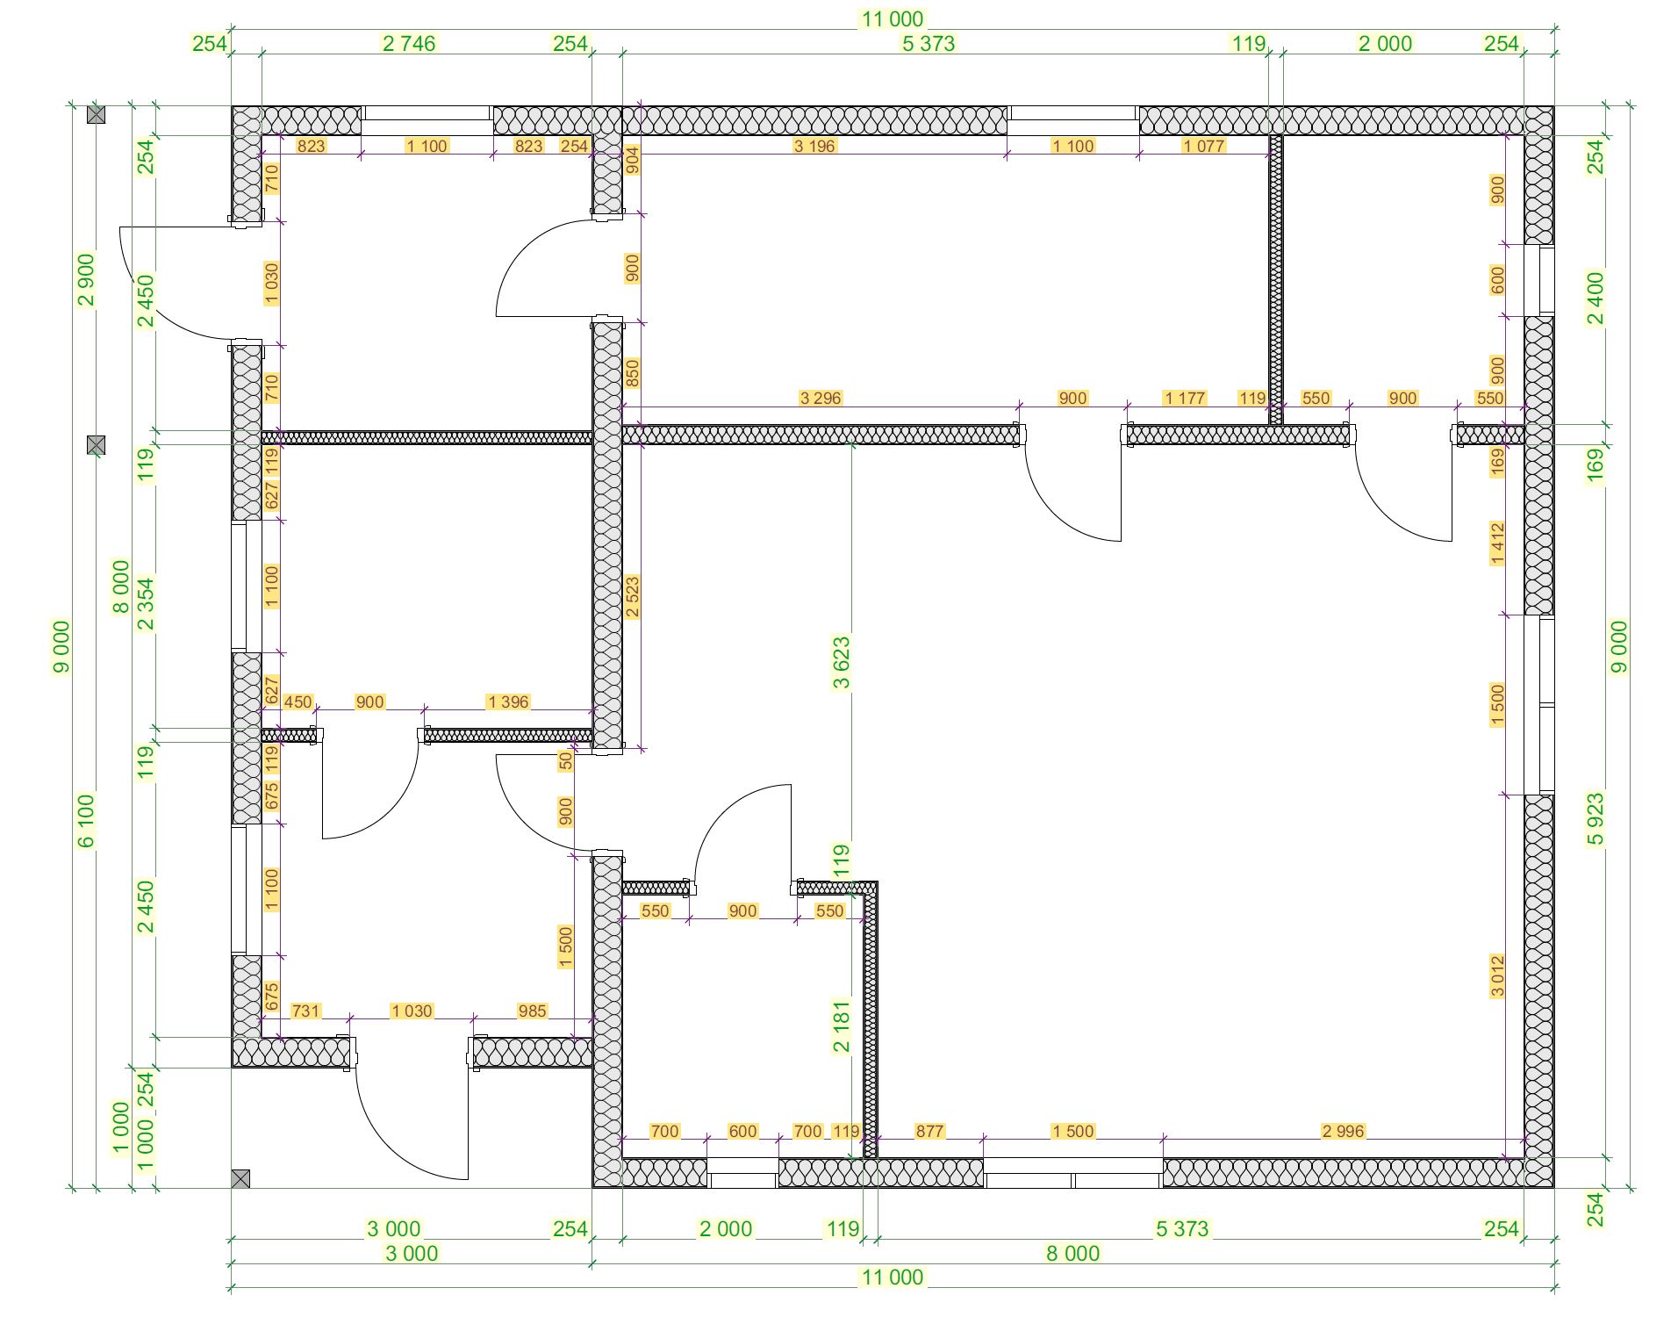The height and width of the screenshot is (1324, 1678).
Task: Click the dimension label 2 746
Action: point(408,44)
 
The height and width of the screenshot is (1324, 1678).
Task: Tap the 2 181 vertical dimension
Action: point(841,1025)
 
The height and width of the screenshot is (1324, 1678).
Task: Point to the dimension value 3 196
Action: point(814,146)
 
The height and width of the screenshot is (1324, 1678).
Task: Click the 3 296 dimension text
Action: point(821,398)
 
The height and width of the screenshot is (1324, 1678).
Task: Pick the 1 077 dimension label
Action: point(1203,146)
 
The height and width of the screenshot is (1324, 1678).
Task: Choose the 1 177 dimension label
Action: point(1185,398)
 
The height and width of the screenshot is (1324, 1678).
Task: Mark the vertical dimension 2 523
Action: point(632,597)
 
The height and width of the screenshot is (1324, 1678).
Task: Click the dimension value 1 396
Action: point(508,702)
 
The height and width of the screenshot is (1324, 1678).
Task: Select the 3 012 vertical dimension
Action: point(1497,976)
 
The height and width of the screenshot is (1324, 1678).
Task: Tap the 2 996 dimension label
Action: point(1343,1131)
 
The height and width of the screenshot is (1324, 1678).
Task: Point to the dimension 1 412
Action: point(1497,543)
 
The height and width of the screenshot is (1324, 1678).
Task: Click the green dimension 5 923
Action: point(1596,819)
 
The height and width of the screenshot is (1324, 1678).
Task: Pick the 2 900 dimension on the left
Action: point(86,279)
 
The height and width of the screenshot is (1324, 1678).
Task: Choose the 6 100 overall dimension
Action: point(86,821)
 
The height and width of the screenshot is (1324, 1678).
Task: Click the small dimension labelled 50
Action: point(566,760)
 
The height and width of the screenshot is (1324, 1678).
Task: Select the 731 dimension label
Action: point(305,1011)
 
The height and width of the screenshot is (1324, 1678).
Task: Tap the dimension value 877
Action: point(929,1131)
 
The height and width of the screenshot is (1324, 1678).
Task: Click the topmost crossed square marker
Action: point(97,114)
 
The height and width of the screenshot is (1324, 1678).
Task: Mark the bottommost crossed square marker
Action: point(240,1178)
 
